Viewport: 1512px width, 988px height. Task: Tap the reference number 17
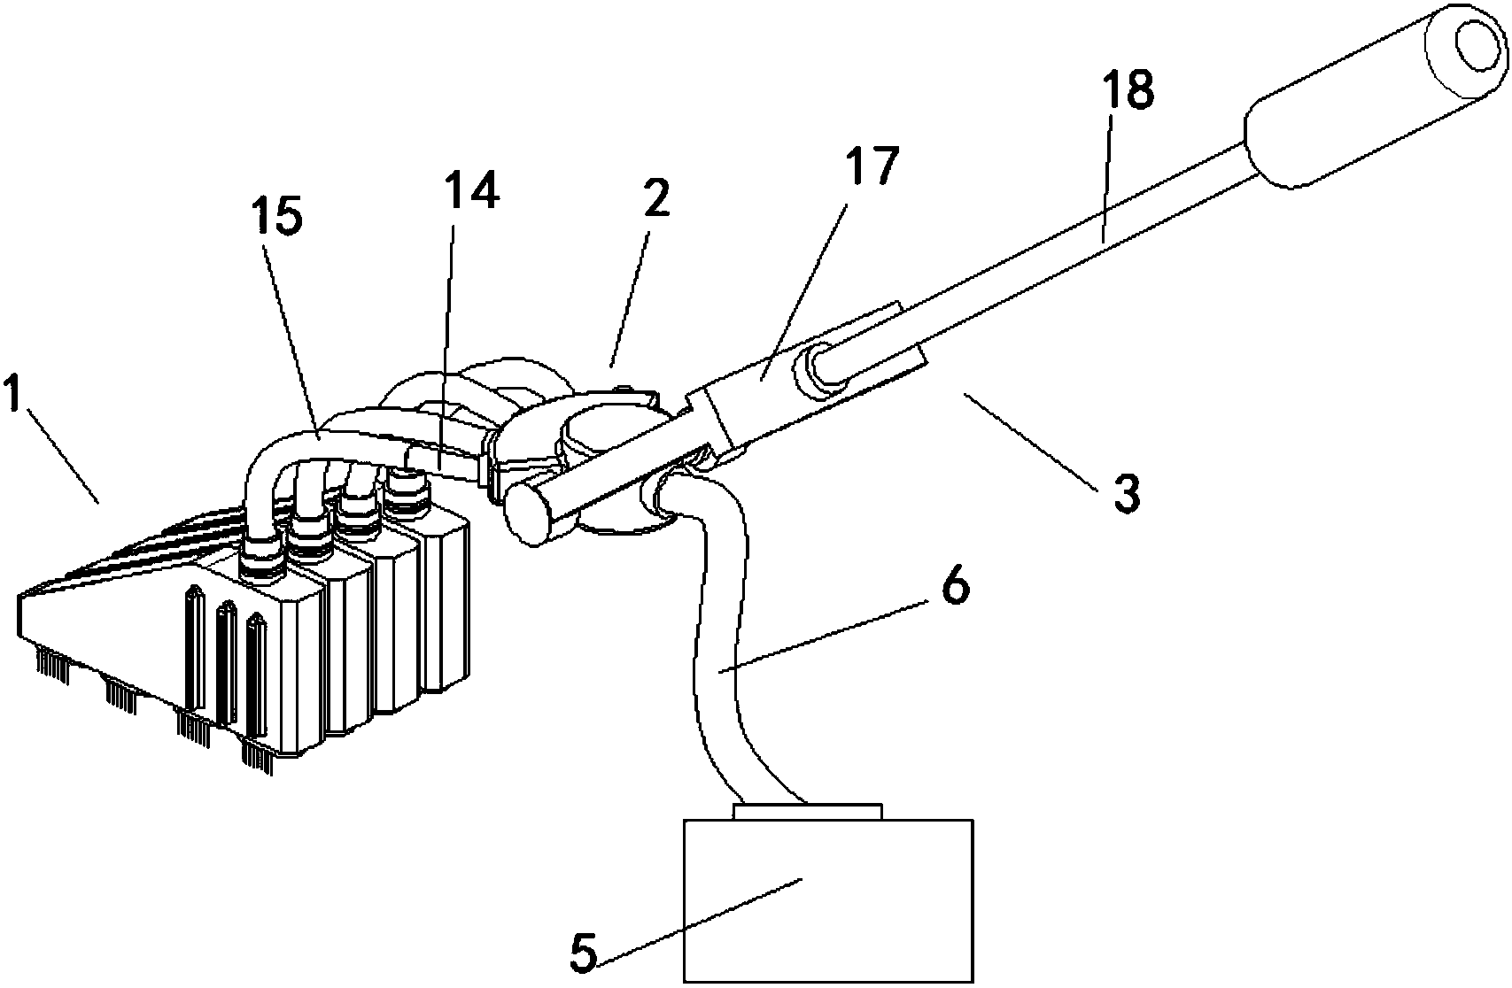tap(873, 166)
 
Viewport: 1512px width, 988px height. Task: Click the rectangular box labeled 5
tap(828, 900)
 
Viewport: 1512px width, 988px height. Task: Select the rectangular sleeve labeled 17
tap(803, 378)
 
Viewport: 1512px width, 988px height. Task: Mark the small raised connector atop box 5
tap(808, 811)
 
